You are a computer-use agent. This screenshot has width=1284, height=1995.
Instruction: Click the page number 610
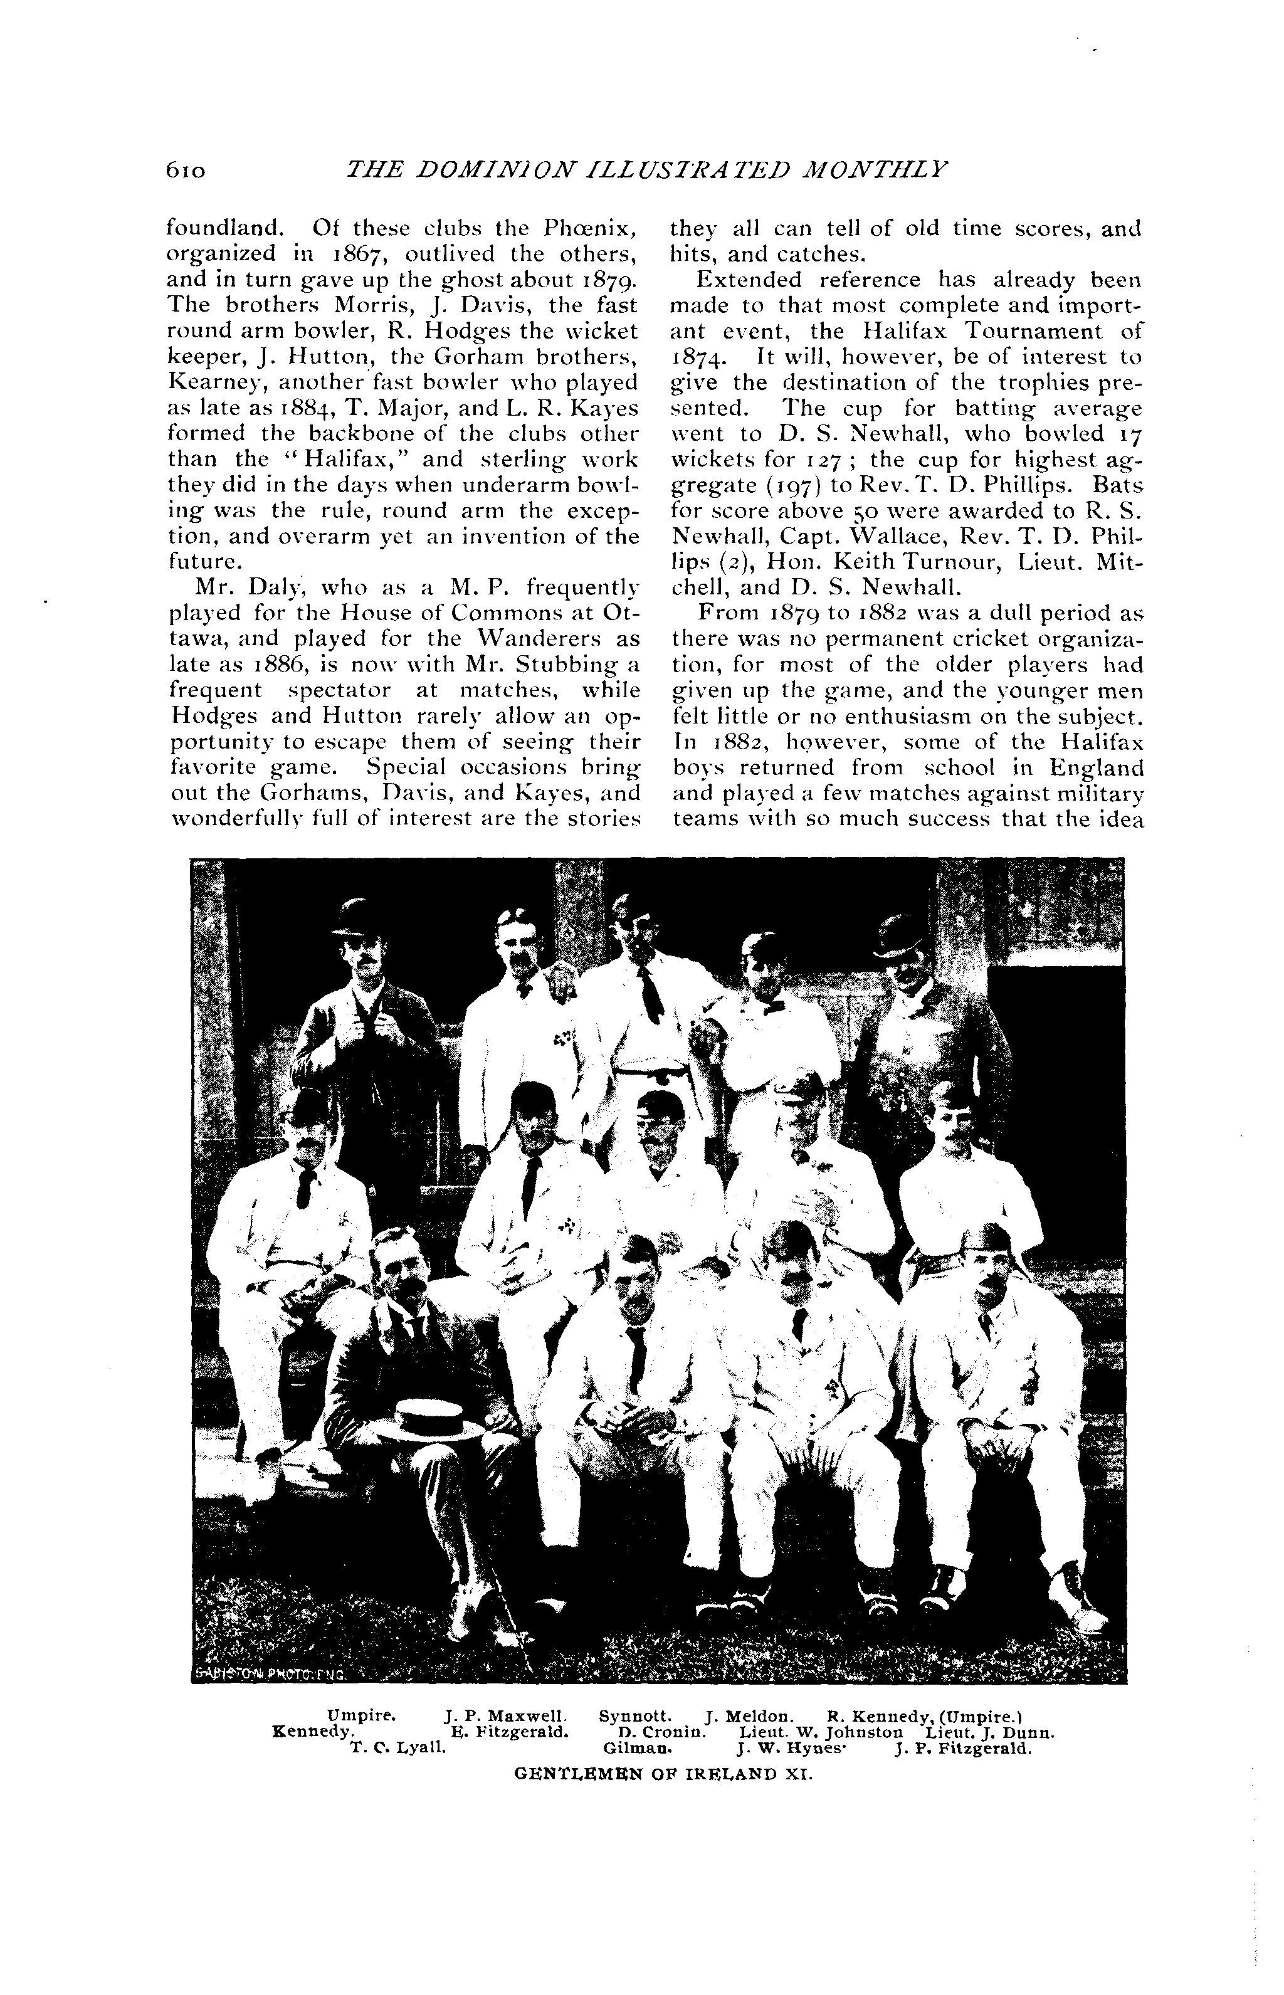[x=185, y=170]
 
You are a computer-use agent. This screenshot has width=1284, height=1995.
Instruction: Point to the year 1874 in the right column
[x=701, y=357]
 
